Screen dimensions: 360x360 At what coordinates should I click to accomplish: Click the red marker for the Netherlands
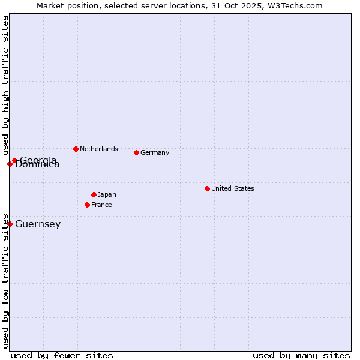click(x=76, y=149)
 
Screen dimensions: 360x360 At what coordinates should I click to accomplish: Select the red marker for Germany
click(x=136, y=152)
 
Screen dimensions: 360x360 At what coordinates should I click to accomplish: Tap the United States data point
click(x=207, y=188)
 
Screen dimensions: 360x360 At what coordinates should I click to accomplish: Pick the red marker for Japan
click(x=94, y=194)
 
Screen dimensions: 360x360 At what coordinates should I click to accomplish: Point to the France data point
click(x=87, y=205)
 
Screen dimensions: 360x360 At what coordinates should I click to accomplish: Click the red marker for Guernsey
click(x=10, y=224)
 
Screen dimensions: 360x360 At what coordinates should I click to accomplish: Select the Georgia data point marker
click(x=14, y=160)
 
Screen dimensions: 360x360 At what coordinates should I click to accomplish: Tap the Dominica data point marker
click(x=10, y=164)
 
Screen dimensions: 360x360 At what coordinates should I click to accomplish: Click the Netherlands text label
click(x=99, y=149)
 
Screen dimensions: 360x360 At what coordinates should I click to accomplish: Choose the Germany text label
click(x=155, y=152)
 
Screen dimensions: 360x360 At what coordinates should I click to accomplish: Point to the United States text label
click(x=233, y=188)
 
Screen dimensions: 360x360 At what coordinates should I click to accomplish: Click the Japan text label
click(x=107, y=194)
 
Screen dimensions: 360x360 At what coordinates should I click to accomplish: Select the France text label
click(x=101, y=205)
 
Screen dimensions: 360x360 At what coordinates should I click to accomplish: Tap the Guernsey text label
click(x=38, y=224)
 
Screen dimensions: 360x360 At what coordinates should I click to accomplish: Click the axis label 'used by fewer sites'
click(x=62, y=355)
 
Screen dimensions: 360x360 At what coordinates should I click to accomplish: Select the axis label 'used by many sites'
click(x=301, y=355)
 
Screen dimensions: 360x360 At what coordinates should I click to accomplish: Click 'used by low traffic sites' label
click(x=5, y=280)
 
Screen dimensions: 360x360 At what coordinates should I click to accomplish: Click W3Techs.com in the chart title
click(x=295, y=5)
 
